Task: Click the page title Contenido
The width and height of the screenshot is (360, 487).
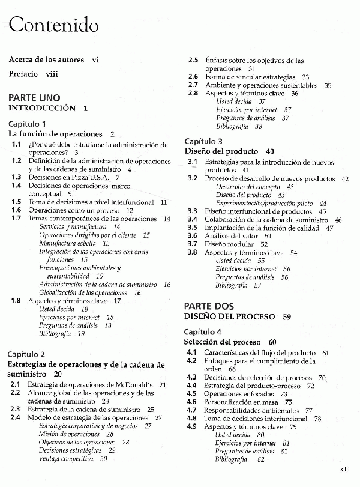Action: (53, 25)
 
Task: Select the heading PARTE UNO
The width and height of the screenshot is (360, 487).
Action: (34, 98)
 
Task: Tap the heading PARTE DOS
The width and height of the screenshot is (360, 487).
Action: (209, 306)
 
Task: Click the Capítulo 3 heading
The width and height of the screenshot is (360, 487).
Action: (203, 141)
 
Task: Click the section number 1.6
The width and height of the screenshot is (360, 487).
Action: (16, 211)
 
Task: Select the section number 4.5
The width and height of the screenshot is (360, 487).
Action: (192, 393)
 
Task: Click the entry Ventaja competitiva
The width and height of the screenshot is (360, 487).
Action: (66, 458)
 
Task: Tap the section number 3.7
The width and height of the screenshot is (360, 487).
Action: (192, 244)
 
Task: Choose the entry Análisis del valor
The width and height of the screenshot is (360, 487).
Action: (232, 236)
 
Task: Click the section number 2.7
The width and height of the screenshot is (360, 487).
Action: (193, 85)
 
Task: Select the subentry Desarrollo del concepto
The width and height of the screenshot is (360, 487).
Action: (245, 187)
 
